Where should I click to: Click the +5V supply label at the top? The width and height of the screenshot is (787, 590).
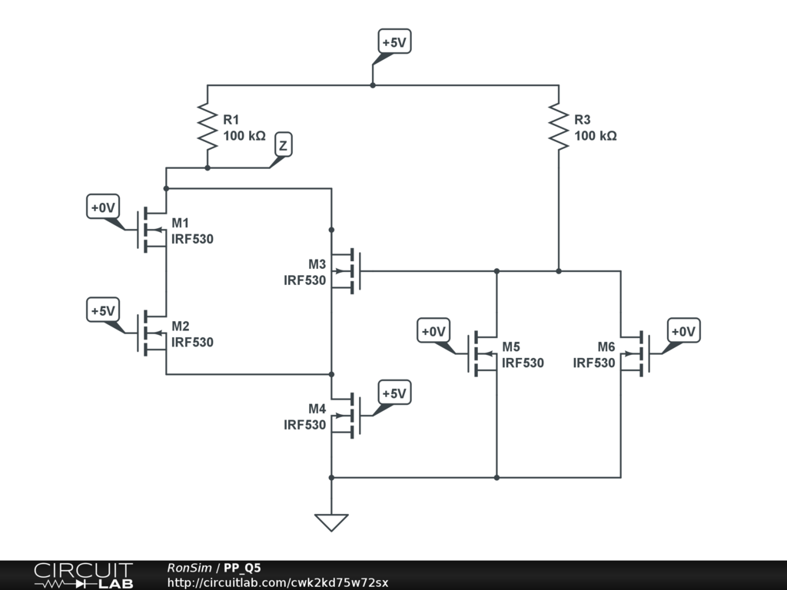point(394,41)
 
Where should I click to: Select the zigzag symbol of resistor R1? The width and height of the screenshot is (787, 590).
point(208,127)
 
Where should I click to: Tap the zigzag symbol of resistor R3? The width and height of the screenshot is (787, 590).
point(559,127)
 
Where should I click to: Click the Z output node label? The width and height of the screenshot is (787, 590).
point(284,145)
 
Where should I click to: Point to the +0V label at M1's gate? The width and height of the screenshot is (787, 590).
point(103,207)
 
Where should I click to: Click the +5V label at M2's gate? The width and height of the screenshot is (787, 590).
point(103,310)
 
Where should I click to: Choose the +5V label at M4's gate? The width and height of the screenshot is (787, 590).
point(394,393)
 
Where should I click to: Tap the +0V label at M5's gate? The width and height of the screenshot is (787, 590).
point(433,330)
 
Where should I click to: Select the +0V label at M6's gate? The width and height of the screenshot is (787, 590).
point(683,330)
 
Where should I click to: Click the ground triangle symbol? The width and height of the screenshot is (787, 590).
point(331,522)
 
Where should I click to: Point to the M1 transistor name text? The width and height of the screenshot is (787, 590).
point(180,223)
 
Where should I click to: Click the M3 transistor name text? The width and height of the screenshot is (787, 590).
point(317,264)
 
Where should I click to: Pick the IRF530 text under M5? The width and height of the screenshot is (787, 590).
point(523,363)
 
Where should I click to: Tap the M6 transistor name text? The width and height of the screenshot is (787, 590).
point(606,346)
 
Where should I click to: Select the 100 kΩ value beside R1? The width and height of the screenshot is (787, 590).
point(244,135)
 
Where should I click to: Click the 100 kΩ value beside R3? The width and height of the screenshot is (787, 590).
point(596,135)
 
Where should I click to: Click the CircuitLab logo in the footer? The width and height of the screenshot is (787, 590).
point(84,575)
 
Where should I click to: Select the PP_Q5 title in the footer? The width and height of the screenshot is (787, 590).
point(242,568)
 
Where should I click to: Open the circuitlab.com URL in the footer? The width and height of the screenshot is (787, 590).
point(277,582)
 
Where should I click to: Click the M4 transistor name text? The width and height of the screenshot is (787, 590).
point(317,409)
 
